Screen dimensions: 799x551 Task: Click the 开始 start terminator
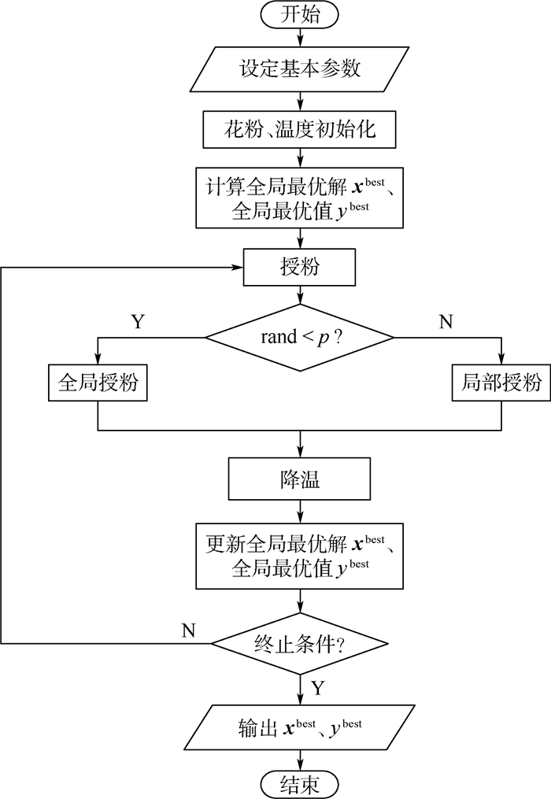[300, 13]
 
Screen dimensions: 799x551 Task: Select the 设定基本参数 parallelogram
[300, 69]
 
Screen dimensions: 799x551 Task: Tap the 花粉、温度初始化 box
[300, 128]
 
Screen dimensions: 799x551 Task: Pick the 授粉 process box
[300, 267]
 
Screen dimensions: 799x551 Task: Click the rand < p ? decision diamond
[300, 338]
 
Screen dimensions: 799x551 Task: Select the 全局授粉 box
[97, 383]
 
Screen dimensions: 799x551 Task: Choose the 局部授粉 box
[501, 383]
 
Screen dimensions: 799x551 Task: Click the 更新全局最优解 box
[300, 554]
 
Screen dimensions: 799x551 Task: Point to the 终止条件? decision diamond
[300, 644]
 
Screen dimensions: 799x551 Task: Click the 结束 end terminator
[300, 783]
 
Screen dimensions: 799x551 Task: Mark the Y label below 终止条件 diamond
[317, 687]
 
